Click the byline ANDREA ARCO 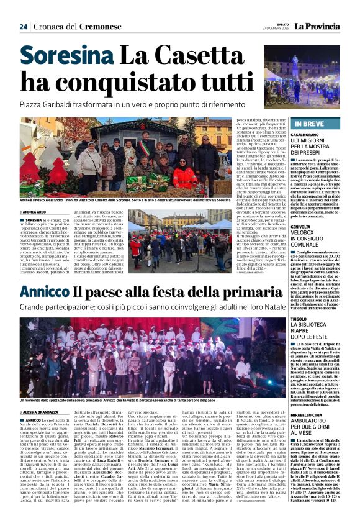[29, 212]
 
